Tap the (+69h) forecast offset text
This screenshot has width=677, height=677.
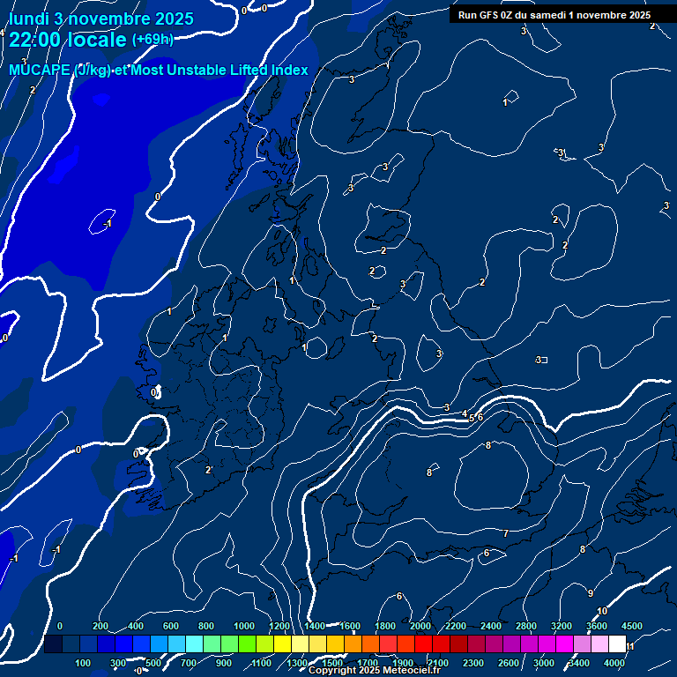[x=152, y=39]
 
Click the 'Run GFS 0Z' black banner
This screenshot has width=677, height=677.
[x=554, y=15]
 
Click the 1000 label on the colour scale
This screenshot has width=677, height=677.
[x=244, y=626]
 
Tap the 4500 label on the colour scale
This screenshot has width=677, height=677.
[x=632, y=626]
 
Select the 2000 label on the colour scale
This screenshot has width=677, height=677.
[x=420, y=626]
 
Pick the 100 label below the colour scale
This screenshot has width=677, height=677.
[x=84, y=663]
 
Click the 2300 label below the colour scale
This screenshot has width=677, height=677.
[x=473, y=663]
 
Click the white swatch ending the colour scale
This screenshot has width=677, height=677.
[x=617, y=644]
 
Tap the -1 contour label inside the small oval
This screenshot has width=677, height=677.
[x=106, y=224]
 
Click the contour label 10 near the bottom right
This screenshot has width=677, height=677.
[x=602, y=611]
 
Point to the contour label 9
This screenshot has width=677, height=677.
[x=591, y=592]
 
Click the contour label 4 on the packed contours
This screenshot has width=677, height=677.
[x=465, y=413]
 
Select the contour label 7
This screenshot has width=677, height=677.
[x=505, y=533]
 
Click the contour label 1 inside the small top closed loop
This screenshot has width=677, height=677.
[x=505, y=102]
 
